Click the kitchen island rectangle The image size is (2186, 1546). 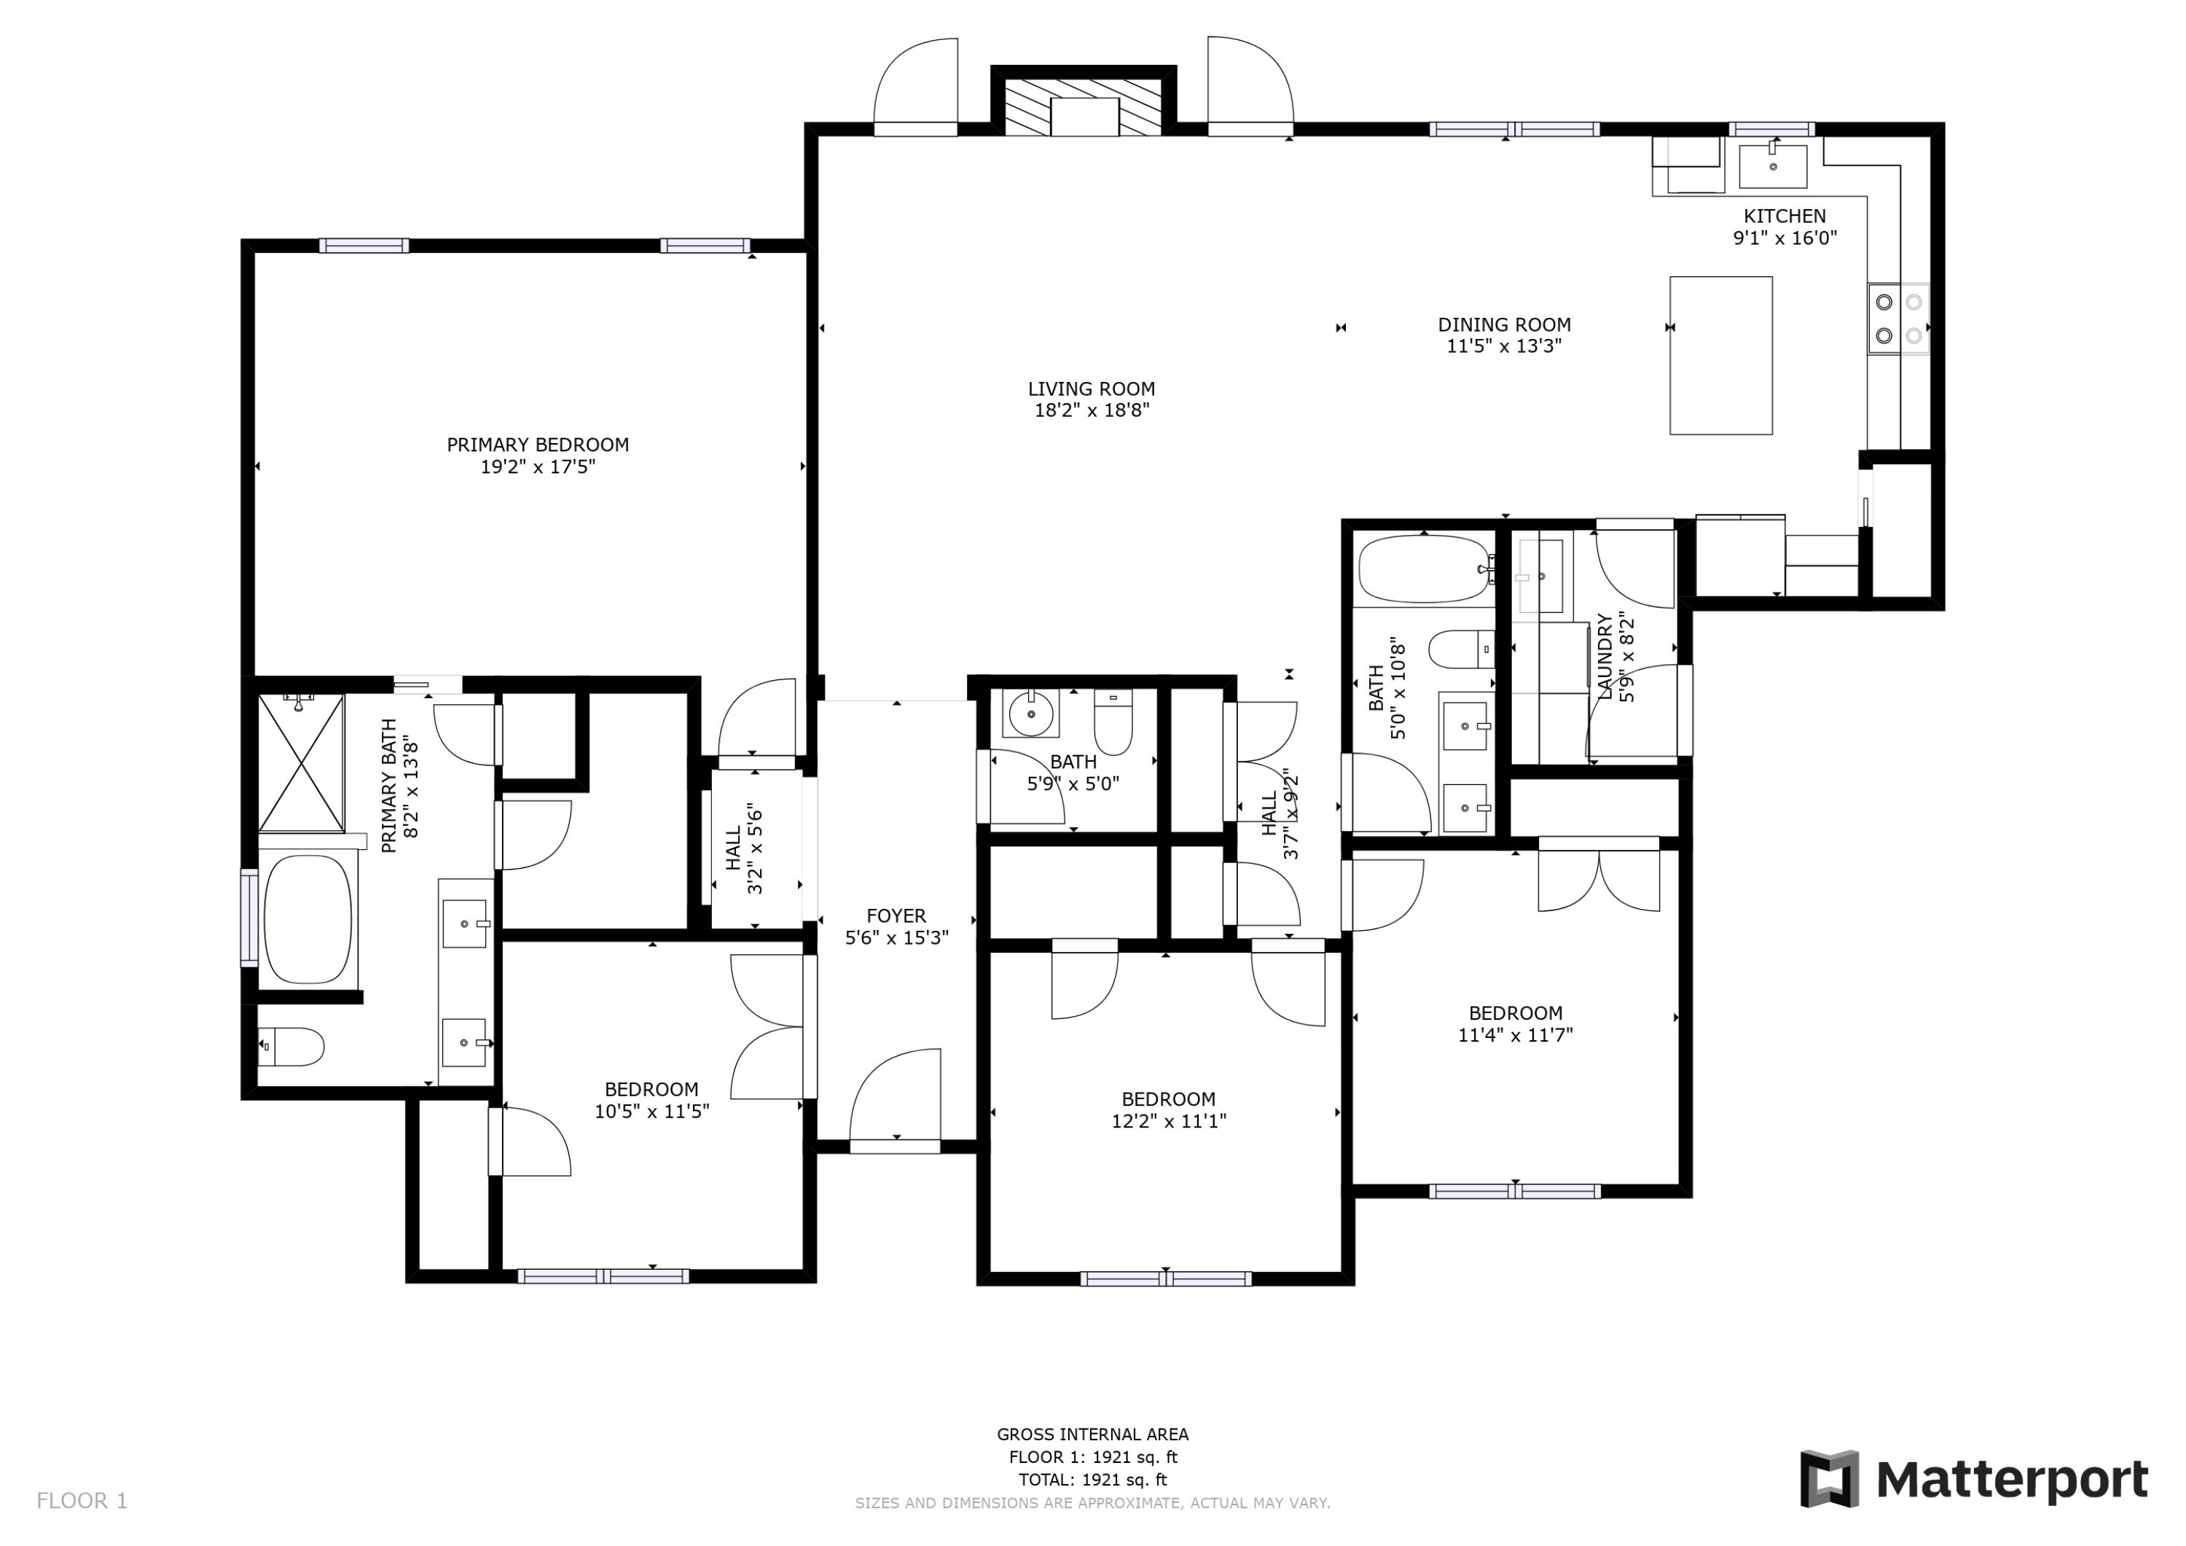tap(1720, 355)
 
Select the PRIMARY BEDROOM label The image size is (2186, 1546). tap(538, 445)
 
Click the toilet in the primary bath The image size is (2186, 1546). tap(293, 1047)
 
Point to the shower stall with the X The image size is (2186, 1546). tap(301, 763)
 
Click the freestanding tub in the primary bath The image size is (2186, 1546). tap(307, 918)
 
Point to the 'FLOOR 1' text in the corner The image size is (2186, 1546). tap(82, 1502)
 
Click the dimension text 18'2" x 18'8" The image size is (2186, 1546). tap(1092, 410)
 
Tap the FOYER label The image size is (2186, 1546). tap(896, 916)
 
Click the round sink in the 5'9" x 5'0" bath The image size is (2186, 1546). tap(1028, 713)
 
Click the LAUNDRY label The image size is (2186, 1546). tap(1605, 657)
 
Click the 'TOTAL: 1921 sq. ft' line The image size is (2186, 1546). tap(1092, 1480)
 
